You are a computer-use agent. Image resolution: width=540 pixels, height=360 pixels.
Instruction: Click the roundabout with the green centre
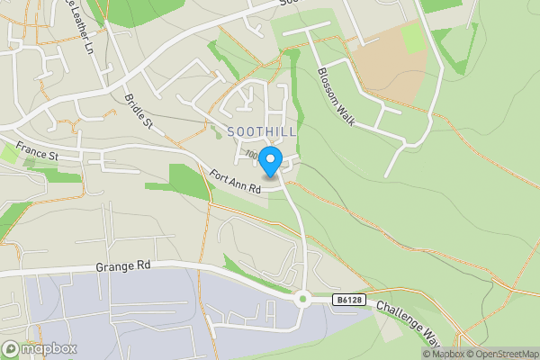[303, 299]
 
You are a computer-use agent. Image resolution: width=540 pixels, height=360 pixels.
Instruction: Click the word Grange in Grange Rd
[112, 267]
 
